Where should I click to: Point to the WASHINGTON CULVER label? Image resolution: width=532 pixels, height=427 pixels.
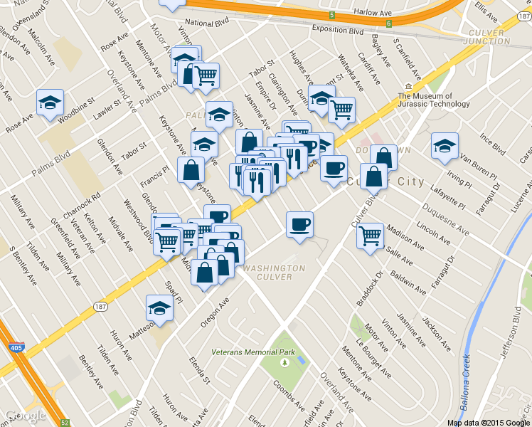pos(274,273)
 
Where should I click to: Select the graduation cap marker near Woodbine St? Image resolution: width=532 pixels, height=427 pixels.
pos(50,102)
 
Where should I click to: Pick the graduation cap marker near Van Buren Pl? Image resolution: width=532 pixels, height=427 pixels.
pos(445,146)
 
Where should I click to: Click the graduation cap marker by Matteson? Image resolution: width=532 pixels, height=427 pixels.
pos(159,307)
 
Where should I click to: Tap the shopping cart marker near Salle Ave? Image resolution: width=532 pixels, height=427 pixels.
pos(370,235)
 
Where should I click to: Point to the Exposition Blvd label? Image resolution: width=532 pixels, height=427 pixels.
pos(338,31)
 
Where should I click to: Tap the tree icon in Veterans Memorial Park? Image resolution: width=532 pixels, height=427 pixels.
pos(284,362)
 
